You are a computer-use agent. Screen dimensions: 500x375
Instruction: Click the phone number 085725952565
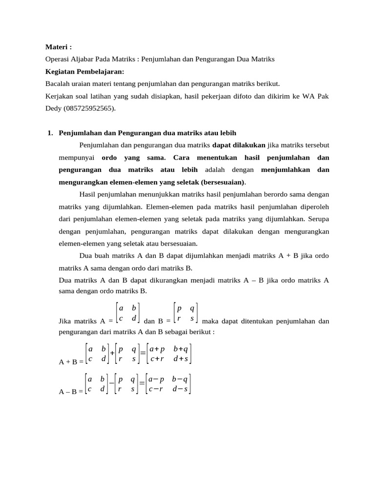pyautogui.click(x=88, y=108)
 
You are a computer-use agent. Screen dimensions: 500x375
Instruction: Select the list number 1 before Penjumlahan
pyautogui.click(x=50, y=133)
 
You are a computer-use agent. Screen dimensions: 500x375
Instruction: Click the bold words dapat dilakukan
pyautogui.click(x=239, y=145)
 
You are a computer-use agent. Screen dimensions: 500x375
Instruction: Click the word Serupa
pyautogui.click(x=318, y=219)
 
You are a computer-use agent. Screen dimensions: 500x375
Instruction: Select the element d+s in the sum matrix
pyautogui.click(x=180, y=359)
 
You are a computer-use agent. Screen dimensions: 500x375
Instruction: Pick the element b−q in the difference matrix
pyautogui.click(x=180, y=379)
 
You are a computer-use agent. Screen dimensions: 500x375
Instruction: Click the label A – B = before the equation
pyautogui.click(x=71, y=391)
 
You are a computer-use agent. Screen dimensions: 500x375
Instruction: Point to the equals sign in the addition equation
pyautogui.click(x=143, y=354)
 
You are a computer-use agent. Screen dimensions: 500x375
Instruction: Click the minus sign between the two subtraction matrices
pyautogui.click(x=112, y=384)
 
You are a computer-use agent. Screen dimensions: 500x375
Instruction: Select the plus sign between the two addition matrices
pyautogui.click(x=112, y=354)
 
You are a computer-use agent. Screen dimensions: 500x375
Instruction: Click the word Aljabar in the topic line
pyautogui.click(x=82, y=59)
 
